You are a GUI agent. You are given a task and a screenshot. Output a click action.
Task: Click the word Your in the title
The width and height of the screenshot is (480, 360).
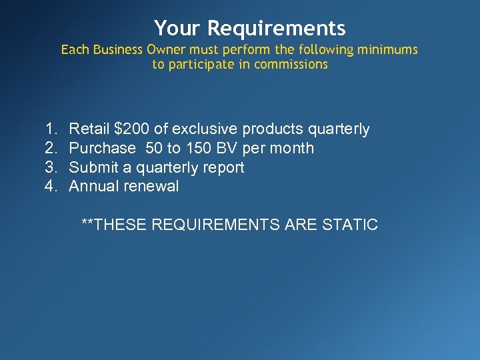point(178,29)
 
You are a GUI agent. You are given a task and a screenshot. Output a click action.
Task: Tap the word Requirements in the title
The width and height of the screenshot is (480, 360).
point(276,29)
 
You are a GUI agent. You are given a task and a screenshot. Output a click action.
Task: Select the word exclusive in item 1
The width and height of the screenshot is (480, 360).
point(205,129)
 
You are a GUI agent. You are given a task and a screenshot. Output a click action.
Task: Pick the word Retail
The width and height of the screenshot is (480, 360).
point(89,129)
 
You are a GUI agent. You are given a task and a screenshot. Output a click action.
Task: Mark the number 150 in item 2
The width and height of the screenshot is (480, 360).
point(198,148)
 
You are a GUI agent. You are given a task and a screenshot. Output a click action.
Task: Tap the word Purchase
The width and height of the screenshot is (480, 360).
point(102,148)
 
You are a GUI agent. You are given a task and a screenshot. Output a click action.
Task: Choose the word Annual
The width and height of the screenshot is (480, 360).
point(94,187)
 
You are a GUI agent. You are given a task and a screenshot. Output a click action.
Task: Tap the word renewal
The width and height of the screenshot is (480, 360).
point(151,187)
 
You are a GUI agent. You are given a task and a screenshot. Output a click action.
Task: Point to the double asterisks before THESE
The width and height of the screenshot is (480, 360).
point(87,223)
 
